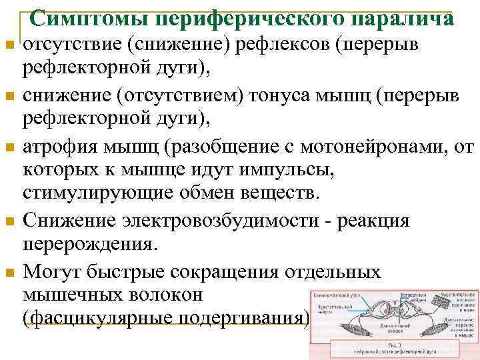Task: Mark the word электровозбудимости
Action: (208, 221)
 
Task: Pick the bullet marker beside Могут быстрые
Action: (9, 272)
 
